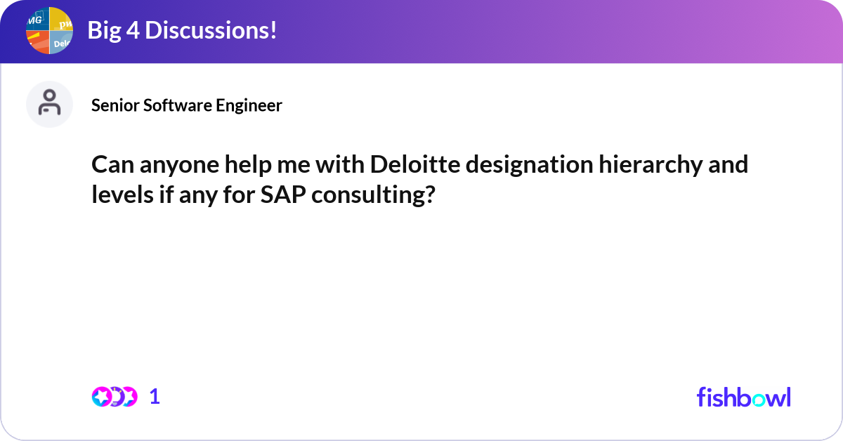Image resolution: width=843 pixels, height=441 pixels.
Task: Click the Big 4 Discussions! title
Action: pyautogui.click(x=181, y=30)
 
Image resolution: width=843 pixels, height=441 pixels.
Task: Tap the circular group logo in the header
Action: pyautogui.click(x=49, y=31)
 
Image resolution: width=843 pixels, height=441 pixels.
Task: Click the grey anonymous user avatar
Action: pyautogui.click(x=49, y=105)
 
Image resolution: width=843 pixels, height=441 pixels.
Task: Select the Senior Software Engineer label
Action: pyautogui.click(x=187, y=105)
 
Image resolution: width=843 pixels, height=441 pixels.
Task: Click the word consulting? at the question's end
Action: pyautogui.click(x=372, y=195)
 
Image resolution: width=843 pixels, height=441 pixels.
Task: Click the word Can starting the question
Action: pyautogui.click(x=111, y=165)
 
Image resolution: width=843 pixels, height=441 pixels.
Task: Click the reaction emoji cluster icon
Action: pyautogui.click(x=114, y=397)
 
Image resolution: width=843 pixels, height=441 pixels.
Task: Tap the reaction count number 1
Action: pyautogui.click(x=155, y=397)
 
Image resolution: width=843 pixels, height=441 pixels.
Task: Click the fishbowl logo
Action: pyautogui.click(x=743, y=397)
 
